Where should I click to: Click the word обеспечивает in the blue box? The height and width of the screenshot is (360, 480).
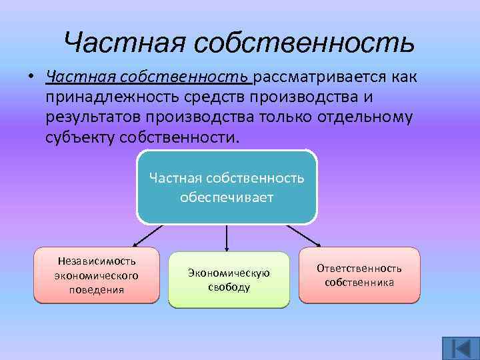(x=227, y=198)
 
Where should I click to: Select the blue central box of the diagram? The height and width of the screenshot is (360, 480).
(x=227, y=187)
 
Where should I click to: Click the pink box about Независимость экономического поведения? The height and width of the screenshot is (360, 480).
(x=97, y=275)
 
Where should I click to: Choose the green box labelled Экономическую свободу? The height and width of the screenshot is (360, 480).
(x=229, y=280)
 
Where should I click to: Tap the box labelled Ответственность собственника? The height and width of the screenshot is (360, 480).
(x=359, y=275)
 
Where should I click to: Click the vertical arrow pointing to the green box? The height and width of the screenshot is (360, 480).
(x=227, y=237)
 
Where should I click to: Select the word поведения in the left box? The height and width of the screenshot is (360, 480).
(x=97, y=290)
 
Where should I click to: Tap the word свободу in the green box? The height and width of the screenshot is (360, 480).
(x=229, y=287)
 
